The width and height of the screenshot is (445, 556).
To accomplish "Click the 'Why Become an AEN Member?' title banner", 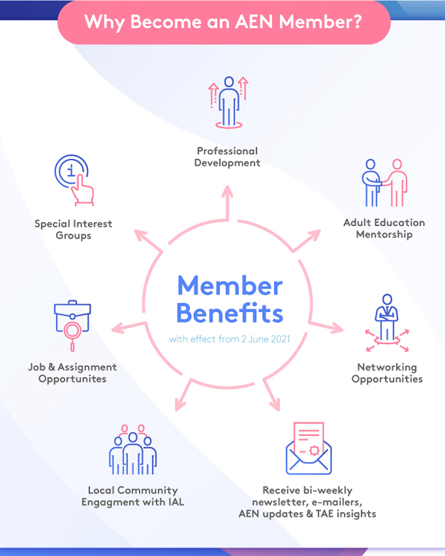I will tap(223, 22).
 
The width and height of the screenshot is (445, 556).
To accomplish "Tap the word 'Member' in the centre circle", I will tap(229, 286).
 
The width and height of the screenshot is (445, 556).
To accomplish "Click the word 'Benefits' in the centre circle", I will tap(229, 313).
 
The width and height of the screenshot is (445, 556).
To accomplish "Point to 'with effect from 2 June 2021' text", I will tap(229, 339).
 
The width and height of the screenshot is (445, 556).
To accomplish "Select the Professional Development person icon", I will tap(229, 102).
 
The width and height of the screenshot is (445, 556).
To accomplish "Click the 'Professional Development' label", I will tap(227, 157).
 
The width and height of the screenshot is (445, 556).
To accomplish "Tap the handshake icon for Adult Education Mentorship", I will tap(384, 183).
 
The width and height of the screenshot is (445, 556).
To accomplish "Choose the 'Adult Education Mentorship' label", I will tap(384, 228).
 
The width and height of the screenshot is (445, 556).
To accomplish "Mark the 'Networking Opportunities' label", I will tap(387, 373).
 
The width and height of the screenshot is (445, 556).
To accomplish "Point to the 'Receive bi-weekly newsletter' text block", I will tap(308, 502).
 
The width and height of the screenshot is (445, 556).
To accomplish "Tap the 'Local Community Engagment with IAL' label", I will tap(133, 496).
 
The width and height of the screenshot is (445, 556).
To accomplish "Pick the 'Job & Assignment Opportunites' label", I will tap(72, 373).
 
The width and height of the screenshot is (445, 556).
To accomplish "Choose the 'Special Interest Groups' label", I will tap(73, 229).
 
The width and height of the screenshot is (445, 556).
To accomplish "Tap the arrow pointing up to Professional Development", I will tap(228, 202).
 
